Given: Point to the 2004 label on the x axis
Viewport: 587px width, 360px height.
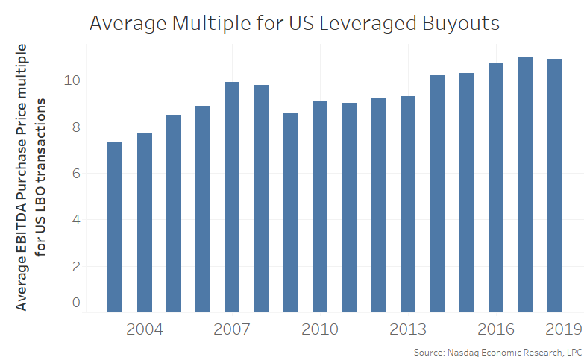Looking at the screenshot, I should click(144, 329).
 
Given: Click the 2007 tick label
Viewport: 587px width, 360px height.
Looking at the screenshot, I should click(232, 329).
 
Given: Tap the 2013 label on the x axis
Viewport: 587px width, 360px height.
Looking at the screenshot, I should click(408, 329).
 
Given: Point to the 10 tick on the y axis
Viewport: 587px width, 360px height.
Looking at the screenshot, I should click(71, 80).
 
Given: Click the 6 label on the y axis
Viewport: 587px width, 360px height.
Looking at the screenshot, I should click(75, 174).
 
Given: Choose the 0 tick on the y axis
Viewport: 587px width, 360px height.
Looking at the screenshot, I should click(75, 302).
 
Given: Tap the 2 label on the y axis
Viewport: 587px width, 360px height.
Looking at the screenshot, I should click(75, 266).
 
